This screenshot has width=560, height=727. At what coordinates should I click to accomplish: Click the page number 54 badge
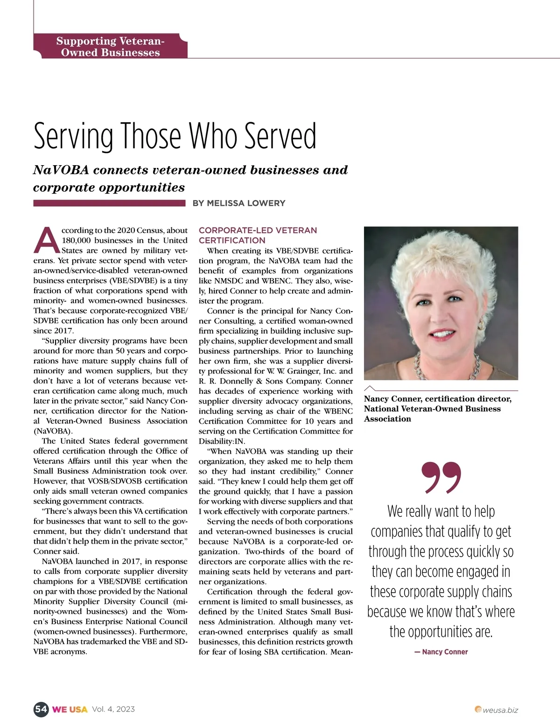(x=41, y=709)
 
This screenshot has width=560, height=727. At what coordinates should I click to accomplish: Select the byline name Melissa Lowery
(x=246, y=203)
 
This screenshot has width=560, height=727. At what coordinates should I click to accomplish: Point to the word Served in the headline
(x=280, y=136)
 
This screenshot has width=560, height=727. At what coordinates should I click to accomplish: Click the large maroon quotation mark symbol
(x=441, y=477)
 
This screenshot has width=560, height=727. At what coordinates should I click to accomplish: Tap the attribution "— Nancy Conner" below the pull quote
(x=441, y=652)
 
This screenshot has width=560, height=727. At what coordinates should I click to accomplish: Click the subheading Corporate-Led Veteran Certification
(x=258, y=235)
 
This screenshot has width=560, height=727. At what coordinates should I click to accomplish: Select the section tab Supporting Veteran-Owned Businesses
(x=110, y=47)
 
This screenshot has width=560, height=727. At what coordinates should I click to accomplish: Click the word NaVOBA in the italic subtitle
(x=61, y=170)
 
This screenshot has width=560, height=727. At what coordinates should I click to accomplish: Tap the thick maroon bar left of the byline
(x=109, y=203)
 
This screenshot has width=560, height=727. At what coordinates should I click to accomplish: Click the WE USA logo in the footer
(x=70, y=709)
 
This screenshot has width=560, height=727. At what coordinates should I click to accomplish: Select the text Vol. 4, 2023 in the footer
(x=113, y=709)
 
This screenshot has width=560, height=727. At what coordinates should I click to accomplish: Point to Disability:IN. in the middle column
(x=222, y=441)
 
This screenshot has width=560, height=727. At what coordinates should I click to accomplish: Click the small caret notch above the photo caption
(x=370, y=388)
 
